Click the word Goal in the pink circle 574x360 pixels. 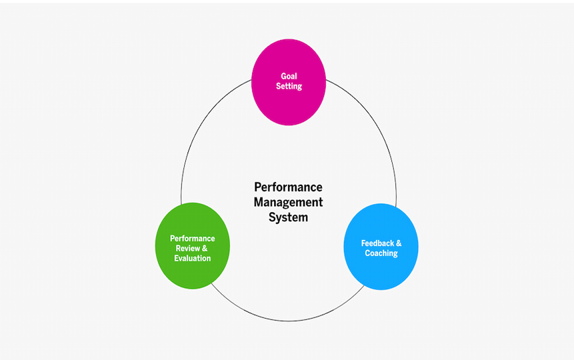tap(289, 76)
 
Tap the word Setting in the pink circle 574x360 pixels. tap(289, 87)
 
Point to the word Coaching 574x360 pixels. tap(381, 253)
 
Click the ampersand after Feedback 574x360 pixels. tap(399, 243)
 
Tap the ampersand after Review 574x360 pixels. tap(205, 248)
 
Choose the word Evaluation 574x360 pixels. tap(193, 258)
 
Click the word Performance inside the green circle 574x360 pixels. tap(193, 238)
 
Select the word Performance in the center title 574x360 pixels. tap(288, 187)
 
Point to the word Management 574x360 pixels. tap(288, 202)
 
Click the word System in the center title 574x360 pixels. tap(288, 217)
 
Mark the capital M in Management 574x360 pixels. tap(259, 202)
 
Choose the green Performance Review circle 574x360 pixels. tap(193, 273)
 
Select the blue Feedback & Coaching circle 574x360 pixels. tap(381, 273)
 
